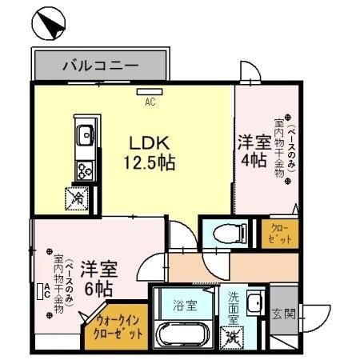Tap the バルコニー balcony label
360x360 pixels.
[101, 66]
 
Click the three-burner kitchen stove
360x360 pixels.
[85, 169]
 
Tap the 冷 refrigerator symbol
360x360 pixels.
[78, 195]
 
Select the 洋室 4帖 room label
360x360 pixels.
[252, 150]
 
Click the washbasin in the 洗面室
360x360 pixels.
[255, 304]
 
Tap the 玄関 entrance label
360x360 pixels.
[282, 313]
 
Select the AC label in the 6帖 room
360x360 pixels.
[46, 290]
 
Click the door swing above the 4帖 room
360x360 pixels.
[251, 76]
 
